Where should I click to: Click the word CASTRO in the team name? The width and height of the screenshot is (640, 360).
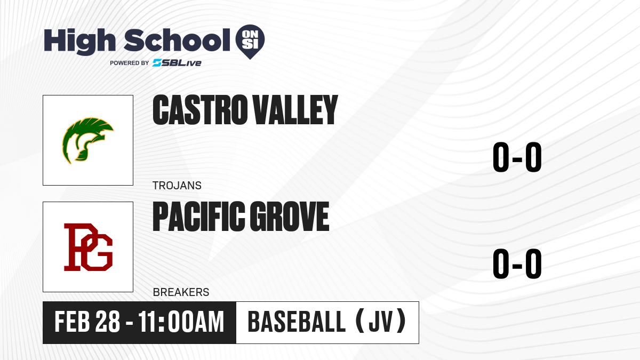click(200, 110)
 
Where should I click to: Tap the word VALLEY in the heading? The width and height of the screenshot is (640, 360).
click(295, 110)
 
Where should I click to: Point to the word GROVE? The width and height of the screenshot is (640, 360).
click(290, 217)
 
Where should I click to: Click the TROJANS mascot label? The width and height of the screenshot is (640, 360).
click(177, 186)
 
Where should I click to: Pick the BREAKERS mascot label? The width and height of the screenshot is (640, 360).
click(181, 292)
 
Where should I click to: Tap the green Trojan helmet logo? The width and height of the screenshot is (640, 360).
click(87, 140)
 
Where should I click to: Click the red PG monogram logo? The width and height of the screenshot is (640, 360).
click(89, 247)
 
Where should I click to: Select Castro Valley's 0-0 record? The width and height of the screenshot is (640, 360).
click(517, 157)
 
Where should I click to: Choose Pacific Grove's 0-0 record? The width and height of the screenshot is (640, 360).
click(517, 263)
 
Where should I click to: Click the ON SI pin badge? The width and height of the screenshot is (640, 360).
click(250, 42)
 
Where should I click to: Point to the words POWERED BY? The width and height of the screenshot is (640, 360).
click(130, 63)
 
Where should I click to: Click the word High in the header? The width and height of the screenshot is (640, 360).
click(79, 41)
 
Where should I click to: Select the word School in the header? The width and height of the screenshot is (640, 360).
click(177, 40)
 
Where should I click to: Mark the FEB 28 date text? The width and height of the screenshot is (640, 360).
click(87, 322)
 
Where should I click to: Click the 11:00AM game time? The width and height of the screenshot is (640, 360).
click(181, 322)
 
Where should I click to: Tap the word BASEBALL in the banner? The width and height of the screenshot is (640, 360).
click(297, 322)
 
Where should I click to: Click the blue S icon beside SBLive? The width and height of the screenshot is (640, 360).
click(157, 63)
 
